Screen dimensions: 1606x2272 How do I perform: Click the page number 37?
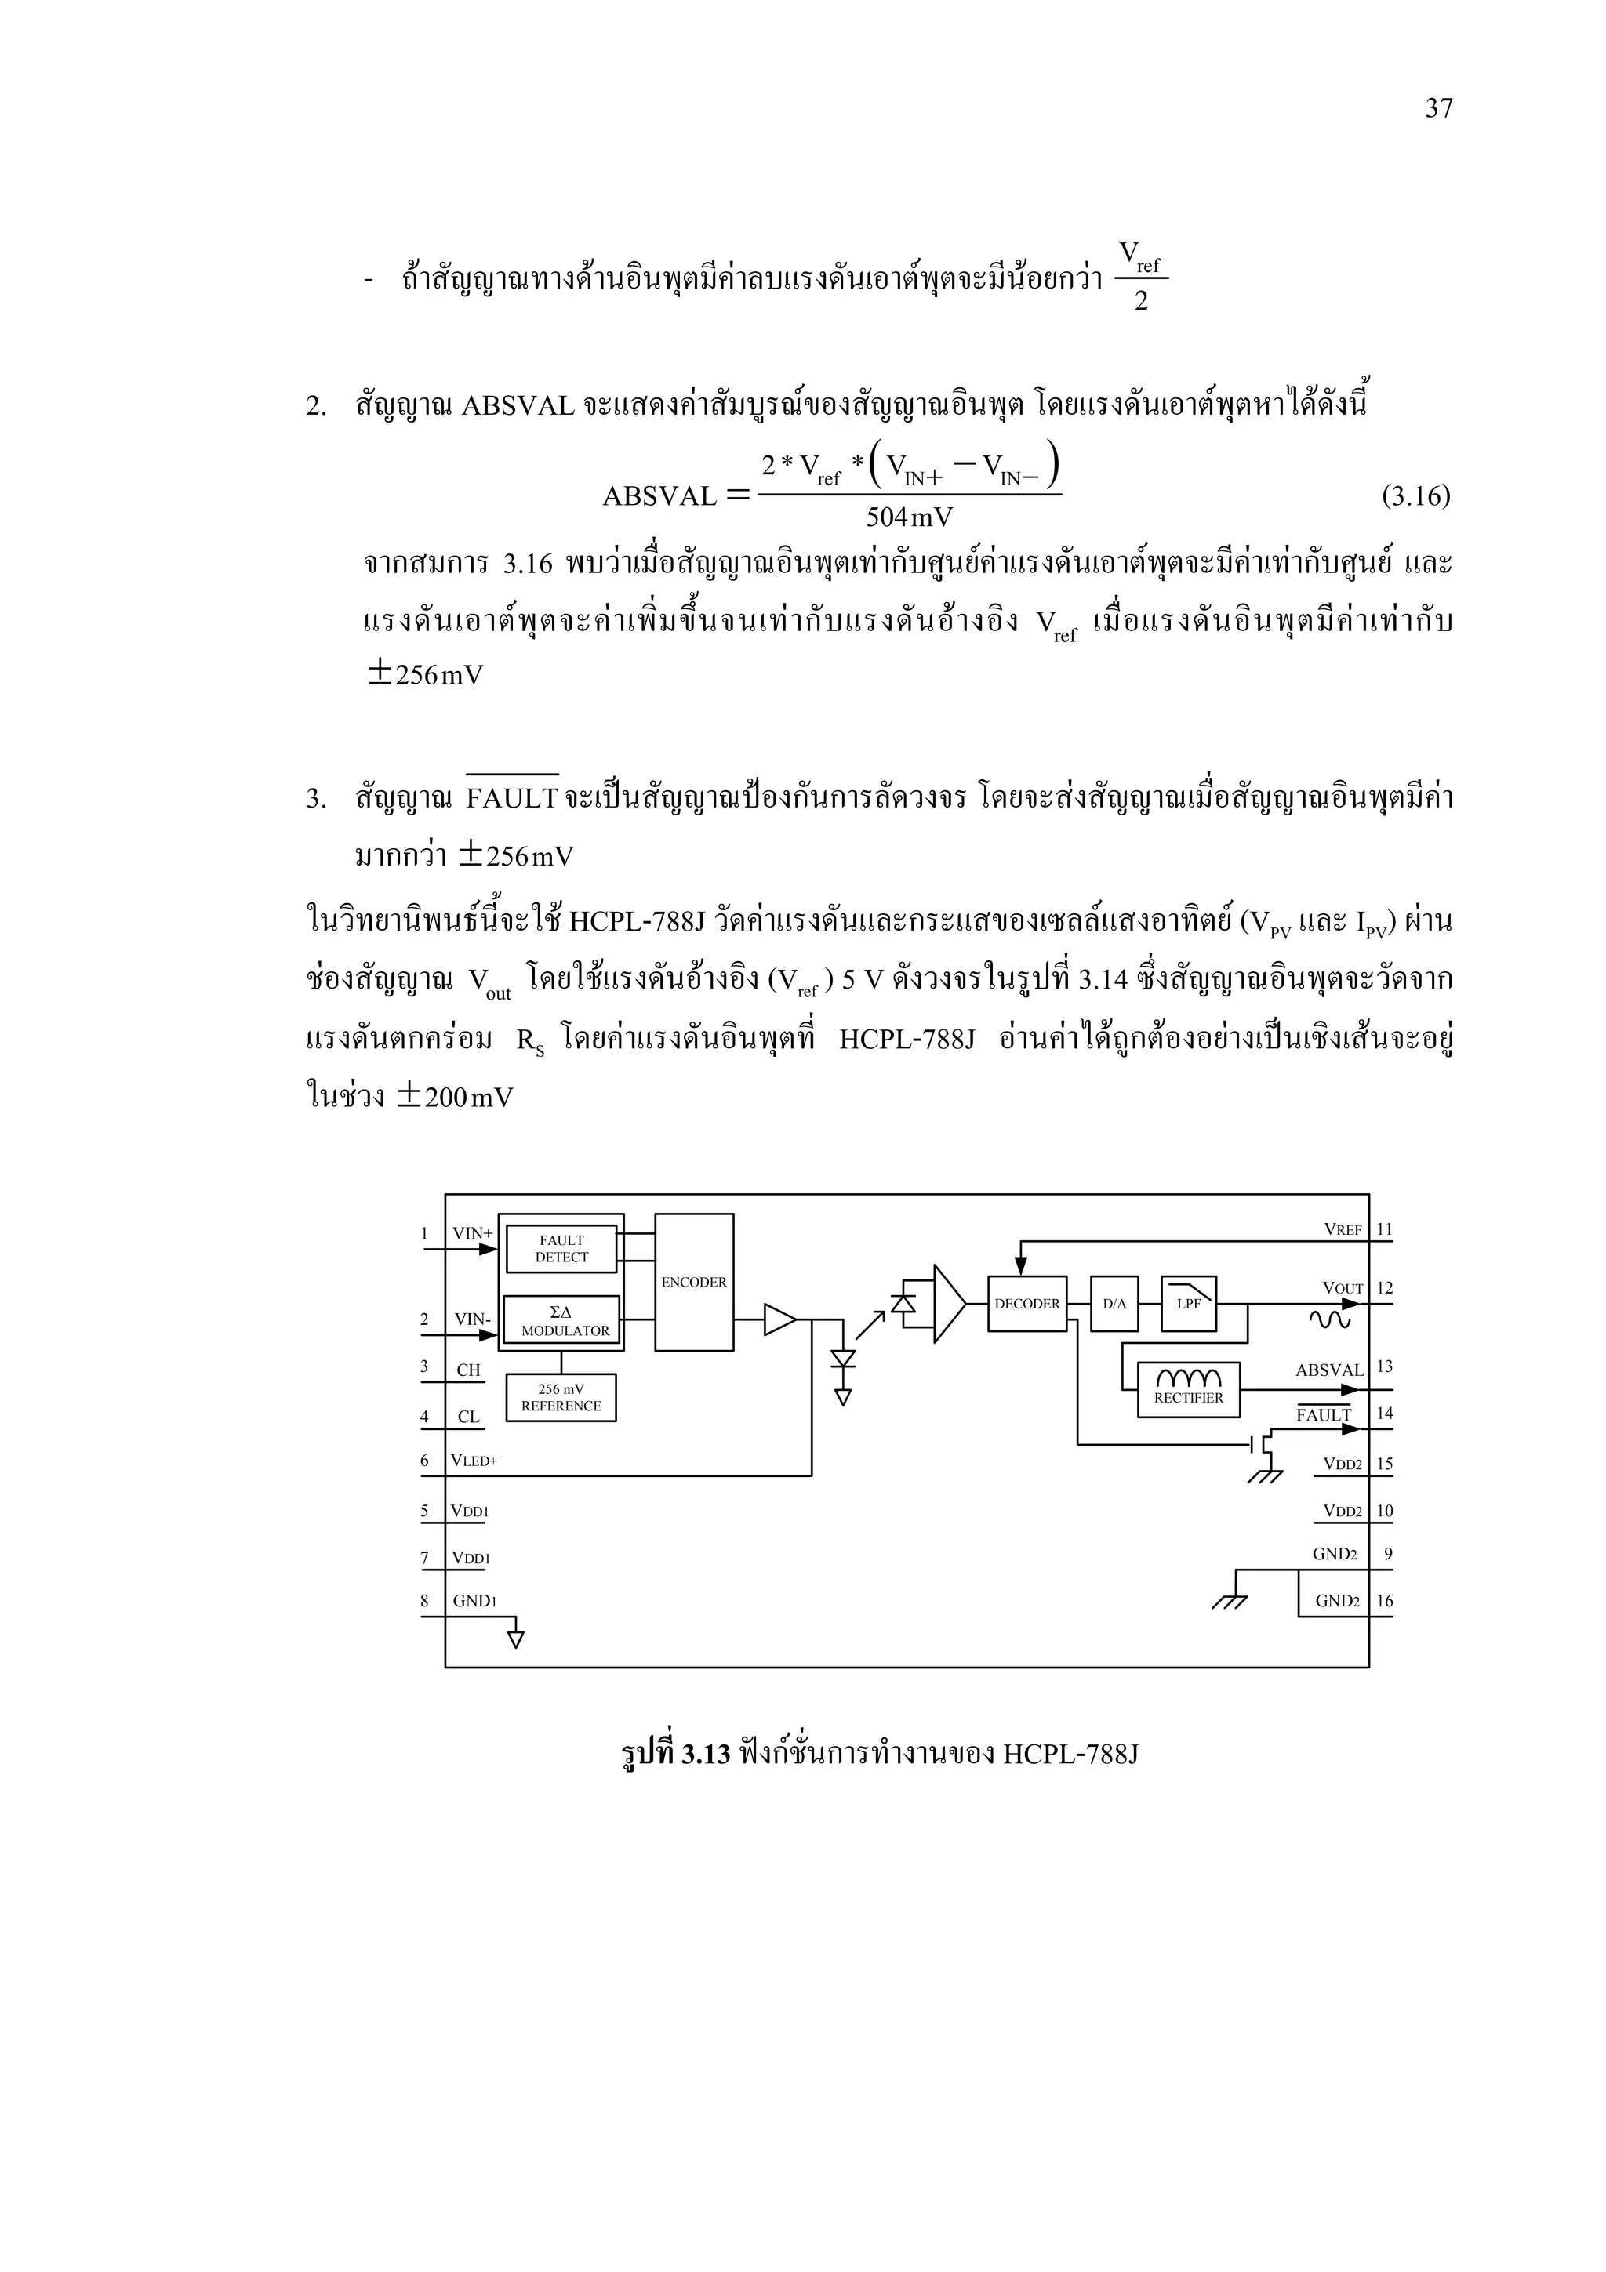pos(1437,109)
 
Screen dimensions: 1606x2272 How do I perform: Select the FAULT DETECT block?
pos(561,1248)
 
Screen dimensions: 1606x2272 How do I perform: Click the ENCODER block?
pos(694,1282)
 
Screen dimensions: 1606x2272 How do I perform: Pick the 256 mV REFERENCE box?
pos(561,1397)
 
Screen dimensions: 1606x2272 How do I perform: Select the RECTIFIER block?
pos(1188,1389)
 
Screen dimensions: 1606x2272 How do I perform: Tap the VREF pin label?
pos(1343,1230)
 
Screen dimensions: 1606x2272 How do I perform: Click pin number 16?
pos(1384,1601)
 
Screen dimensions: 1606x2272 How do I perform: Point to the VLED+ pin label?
pos(474,1461)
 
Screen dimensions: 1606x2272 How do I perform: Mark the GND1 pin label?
pos(474,1601)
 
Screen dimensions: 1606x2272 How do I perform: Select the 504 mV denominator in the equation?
pos(910,517)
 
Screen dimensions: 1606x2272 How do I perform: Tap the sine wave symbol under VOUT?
pos(1329,1319)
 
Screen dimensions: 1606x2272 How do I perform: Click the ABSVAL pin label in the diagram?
pos(1329,1370)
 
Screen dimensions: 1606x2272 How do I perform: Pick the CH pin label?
pos(468,1370)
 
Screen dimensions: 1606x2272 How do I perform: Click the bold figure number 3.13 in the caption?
pos(706,1755)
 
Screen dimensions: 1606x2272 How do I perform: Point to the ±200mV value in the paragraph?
pos(455,1098)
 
